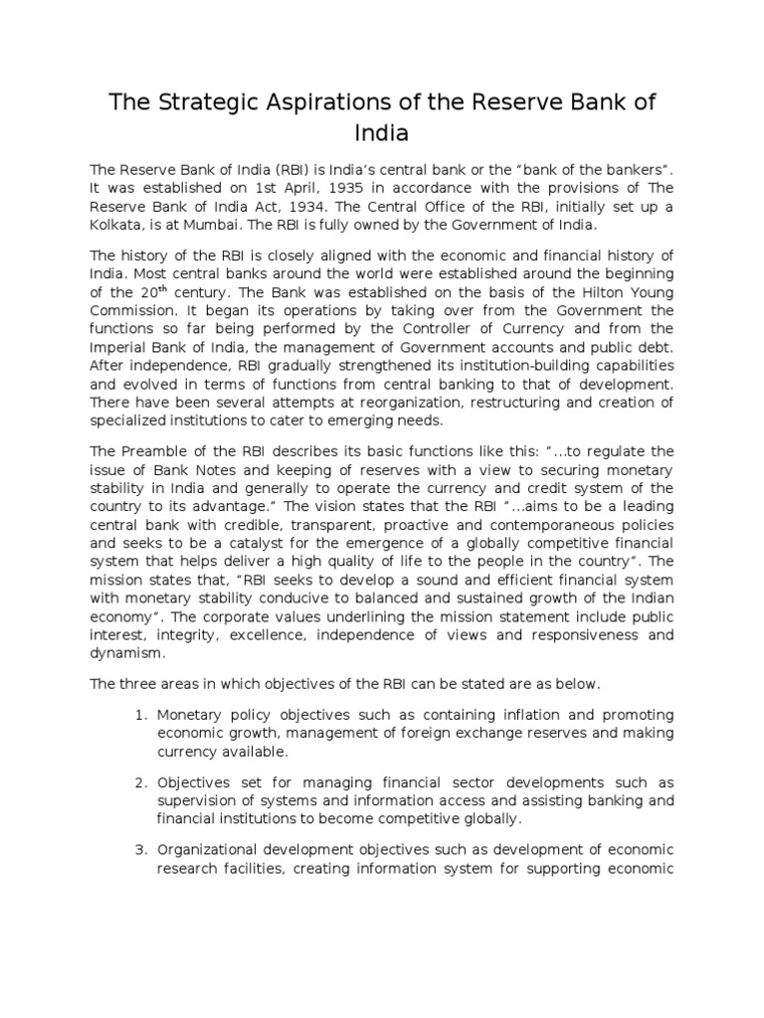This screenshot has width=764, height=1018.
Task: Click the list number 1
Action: (139, 715)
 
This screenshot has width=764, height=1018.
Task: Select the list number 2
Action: (139, 782)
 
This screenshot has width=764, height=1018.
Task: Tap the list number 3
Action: (139, 849)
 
